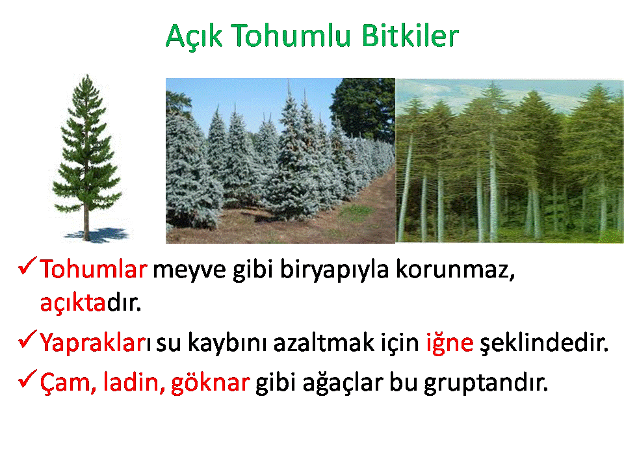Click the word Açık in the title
pos(194,36)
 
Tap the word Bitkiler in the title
pos(410,35)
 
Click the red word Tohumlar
pos(94,268)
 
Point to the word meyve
pos(189,271)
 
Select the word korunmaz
pos(455,269)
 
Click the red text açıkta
pos(73,304)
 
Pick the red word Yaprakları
pos(95,343)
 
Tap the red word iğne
pos(450,343)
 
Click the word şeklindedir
pos(544,343)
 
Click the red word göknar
pos(210,383)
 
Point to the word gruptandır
pos(486,383)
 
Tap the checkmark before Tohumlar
pos(27,265)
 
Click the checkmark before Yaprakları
pos(27,339)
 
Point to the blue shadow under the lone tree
pos(97,235)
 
